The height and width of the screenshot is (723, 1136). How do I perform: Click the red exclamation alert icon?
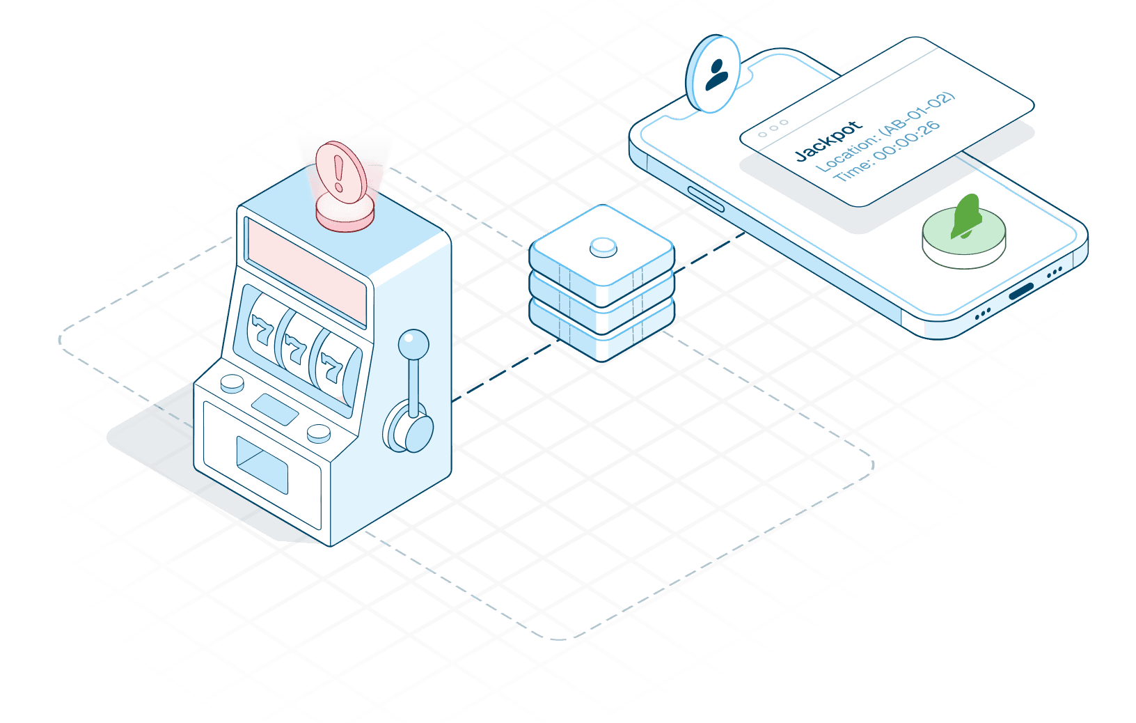click(x=340, y=171)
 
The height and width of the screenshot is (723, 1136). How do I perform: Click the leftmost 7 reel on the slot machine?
click(x=260, y=329)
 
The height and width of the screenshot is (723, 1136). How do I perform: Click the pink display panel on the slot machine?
click(x=306, y=272)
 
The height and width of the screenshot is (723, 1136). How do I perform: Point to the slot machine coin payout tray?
click(x=262, y=463)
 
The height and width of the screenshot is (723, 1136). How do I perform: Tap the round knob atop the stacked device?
click(x=603, y=247)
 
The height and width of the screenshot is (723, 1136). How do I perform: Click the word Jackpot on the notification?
click(x=828, y=141)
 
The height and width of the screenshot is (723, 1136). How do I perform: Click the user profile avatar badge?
click(x=713, y=73)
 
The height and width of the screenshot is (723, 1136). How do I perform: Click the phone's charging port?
click(x=1021, y=291)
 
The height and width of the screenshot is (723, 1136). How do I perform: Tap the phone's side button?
click(x=705, y=198)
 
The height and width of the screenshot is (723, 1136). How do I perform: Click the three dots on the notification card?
click(x=773, y=128)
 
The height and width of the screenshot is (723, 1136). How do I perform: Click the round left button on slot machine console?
click(x=232, y=382)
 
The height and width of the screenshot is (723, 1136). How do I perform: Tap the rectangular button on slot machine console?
click(x=275, y=409)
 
